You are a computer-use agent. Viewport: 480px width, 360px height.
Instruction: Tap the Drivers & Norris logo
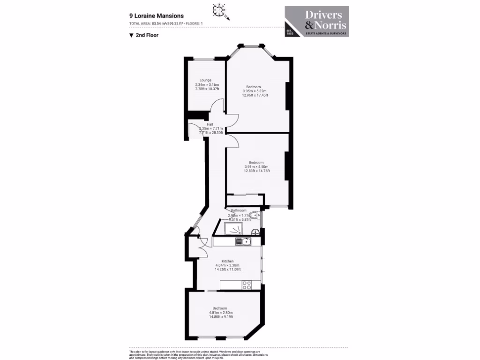[317, 22]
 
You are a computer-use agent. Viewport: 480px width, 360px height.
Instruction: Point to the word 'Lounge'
[205, 80]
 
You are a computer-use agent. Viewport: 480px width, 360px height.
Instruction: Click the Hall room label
[203, 124]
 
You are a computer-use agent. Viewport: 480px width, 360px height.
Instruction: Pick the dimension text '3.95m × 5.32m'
[255, 91]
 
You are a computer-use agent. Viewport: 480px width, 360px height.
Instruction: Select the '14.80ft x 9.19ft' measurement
[221, 317]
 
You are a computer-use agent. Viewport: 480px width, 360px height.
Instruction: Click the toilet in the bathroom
[254, 216]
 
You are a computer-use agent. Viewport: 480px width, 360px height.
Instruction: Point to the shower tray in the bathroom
[234, 228]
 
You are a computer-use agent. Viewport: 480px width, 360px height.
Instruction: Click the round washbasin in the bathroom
[255, 232]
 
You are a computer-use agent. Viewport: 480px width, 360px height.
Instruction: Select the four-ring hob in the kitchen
[247, 285]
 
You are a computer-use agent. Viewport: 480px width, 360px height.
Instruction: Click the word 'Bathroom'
[239, 211]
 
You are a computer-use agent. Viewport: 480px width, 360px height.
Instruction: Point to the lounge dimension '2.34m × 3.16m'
[207, 84]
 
